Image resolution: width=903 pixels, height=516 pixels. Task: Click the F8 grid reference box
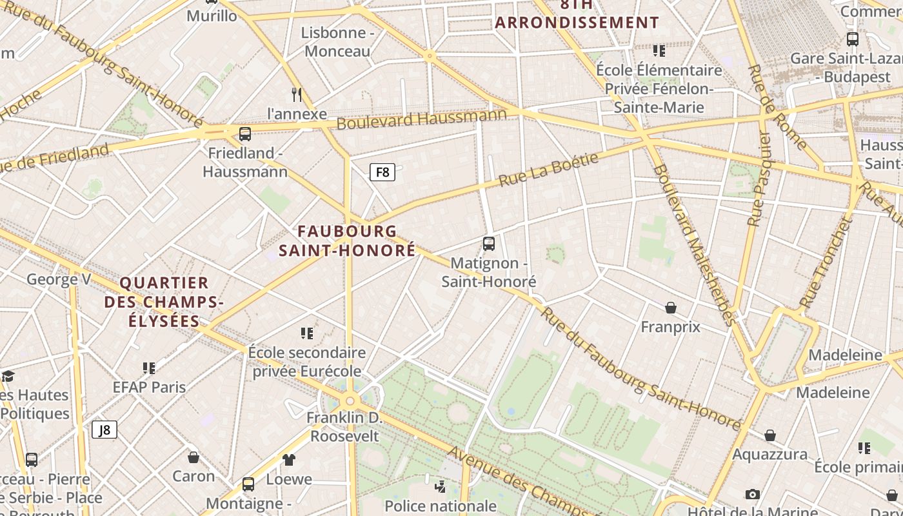(382, 172)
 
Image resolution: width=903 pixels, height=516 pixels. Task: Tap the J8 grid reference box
(104, 430)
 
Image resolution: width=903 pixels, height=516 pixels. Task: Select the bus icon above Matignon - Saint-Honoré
(489, 244)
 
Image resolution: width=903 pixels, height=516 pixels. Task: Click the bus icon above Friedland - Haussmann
(245, 134)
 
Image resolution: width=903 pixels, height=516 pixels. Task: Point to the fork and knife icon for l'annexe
(297, 95)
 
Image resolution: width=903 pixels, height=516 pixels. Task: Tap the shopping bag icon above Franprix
(671, 308)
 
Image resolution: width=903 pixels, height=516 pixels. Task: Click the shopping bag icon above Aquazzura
(770, 435)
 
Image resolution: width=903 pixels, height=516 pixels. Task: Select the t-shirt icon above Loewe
(289, 460)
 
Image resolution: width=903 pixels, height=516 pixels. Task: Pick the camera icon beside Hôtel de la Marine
(752, 495)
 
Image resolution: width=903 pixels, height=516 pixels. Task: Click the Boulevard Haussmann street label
(422, 119)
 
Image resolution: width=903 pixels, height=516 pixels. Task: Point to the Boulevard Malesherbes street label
(694, 245)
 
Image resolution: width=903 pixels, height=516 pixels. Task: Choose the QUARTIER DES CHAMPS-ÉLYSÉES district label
(164, 301)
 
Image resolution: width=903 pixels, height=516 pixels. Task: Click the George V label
(59, 279)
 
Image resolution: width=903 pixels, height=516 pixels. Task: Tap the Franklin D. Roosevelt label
(344, 427)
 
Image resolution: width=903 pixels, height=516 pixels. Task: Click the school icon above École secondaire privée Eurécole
(307, 333)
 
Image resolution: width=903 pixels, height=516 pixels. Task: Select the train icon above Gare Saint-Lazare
(853, 39)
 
